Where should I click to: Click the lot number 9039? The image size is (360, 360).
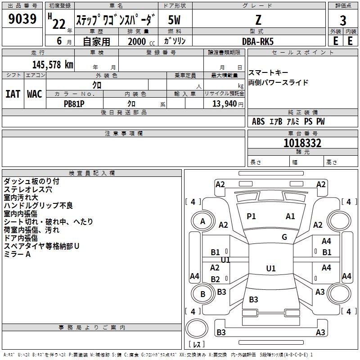click(22, 19)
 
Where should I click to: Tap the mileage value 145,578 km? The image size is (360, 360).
click(53, 64)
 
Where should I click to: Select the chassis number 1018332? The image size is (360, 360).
click(302, 143)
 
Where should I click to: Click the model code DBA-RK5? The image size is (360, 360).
click(257, 41)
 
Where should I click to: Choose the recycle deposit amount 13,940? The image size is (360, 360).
click(224, 104)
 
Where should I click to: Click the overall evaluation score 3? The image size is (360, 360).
click(343, 21)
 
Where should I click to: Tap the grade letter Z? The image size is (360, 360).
click(258, 20)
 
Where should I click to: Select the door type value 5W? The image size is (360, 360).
click(174, 20)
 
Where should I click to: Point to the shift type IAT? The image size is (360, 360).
click(13, 94)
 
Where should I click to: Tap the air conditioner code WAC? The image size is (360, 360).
click(35, 94)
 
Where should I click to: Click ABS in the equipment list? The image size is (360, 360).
click(258, 121)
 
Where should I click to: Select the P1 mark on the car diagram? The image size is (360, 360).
click(251, 216)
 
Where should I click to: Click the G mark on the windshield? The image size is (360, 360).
click(284, 237)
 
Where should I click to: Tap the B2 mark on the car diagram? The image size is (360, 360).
click(216, 279)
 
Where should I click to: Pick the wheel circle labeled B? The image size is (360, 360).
click(202, 294)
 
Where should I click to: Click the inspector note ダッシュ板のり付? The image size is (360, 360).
click(31, 181)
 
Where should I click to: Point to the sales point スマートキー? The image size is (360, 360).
click(268, 73)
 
